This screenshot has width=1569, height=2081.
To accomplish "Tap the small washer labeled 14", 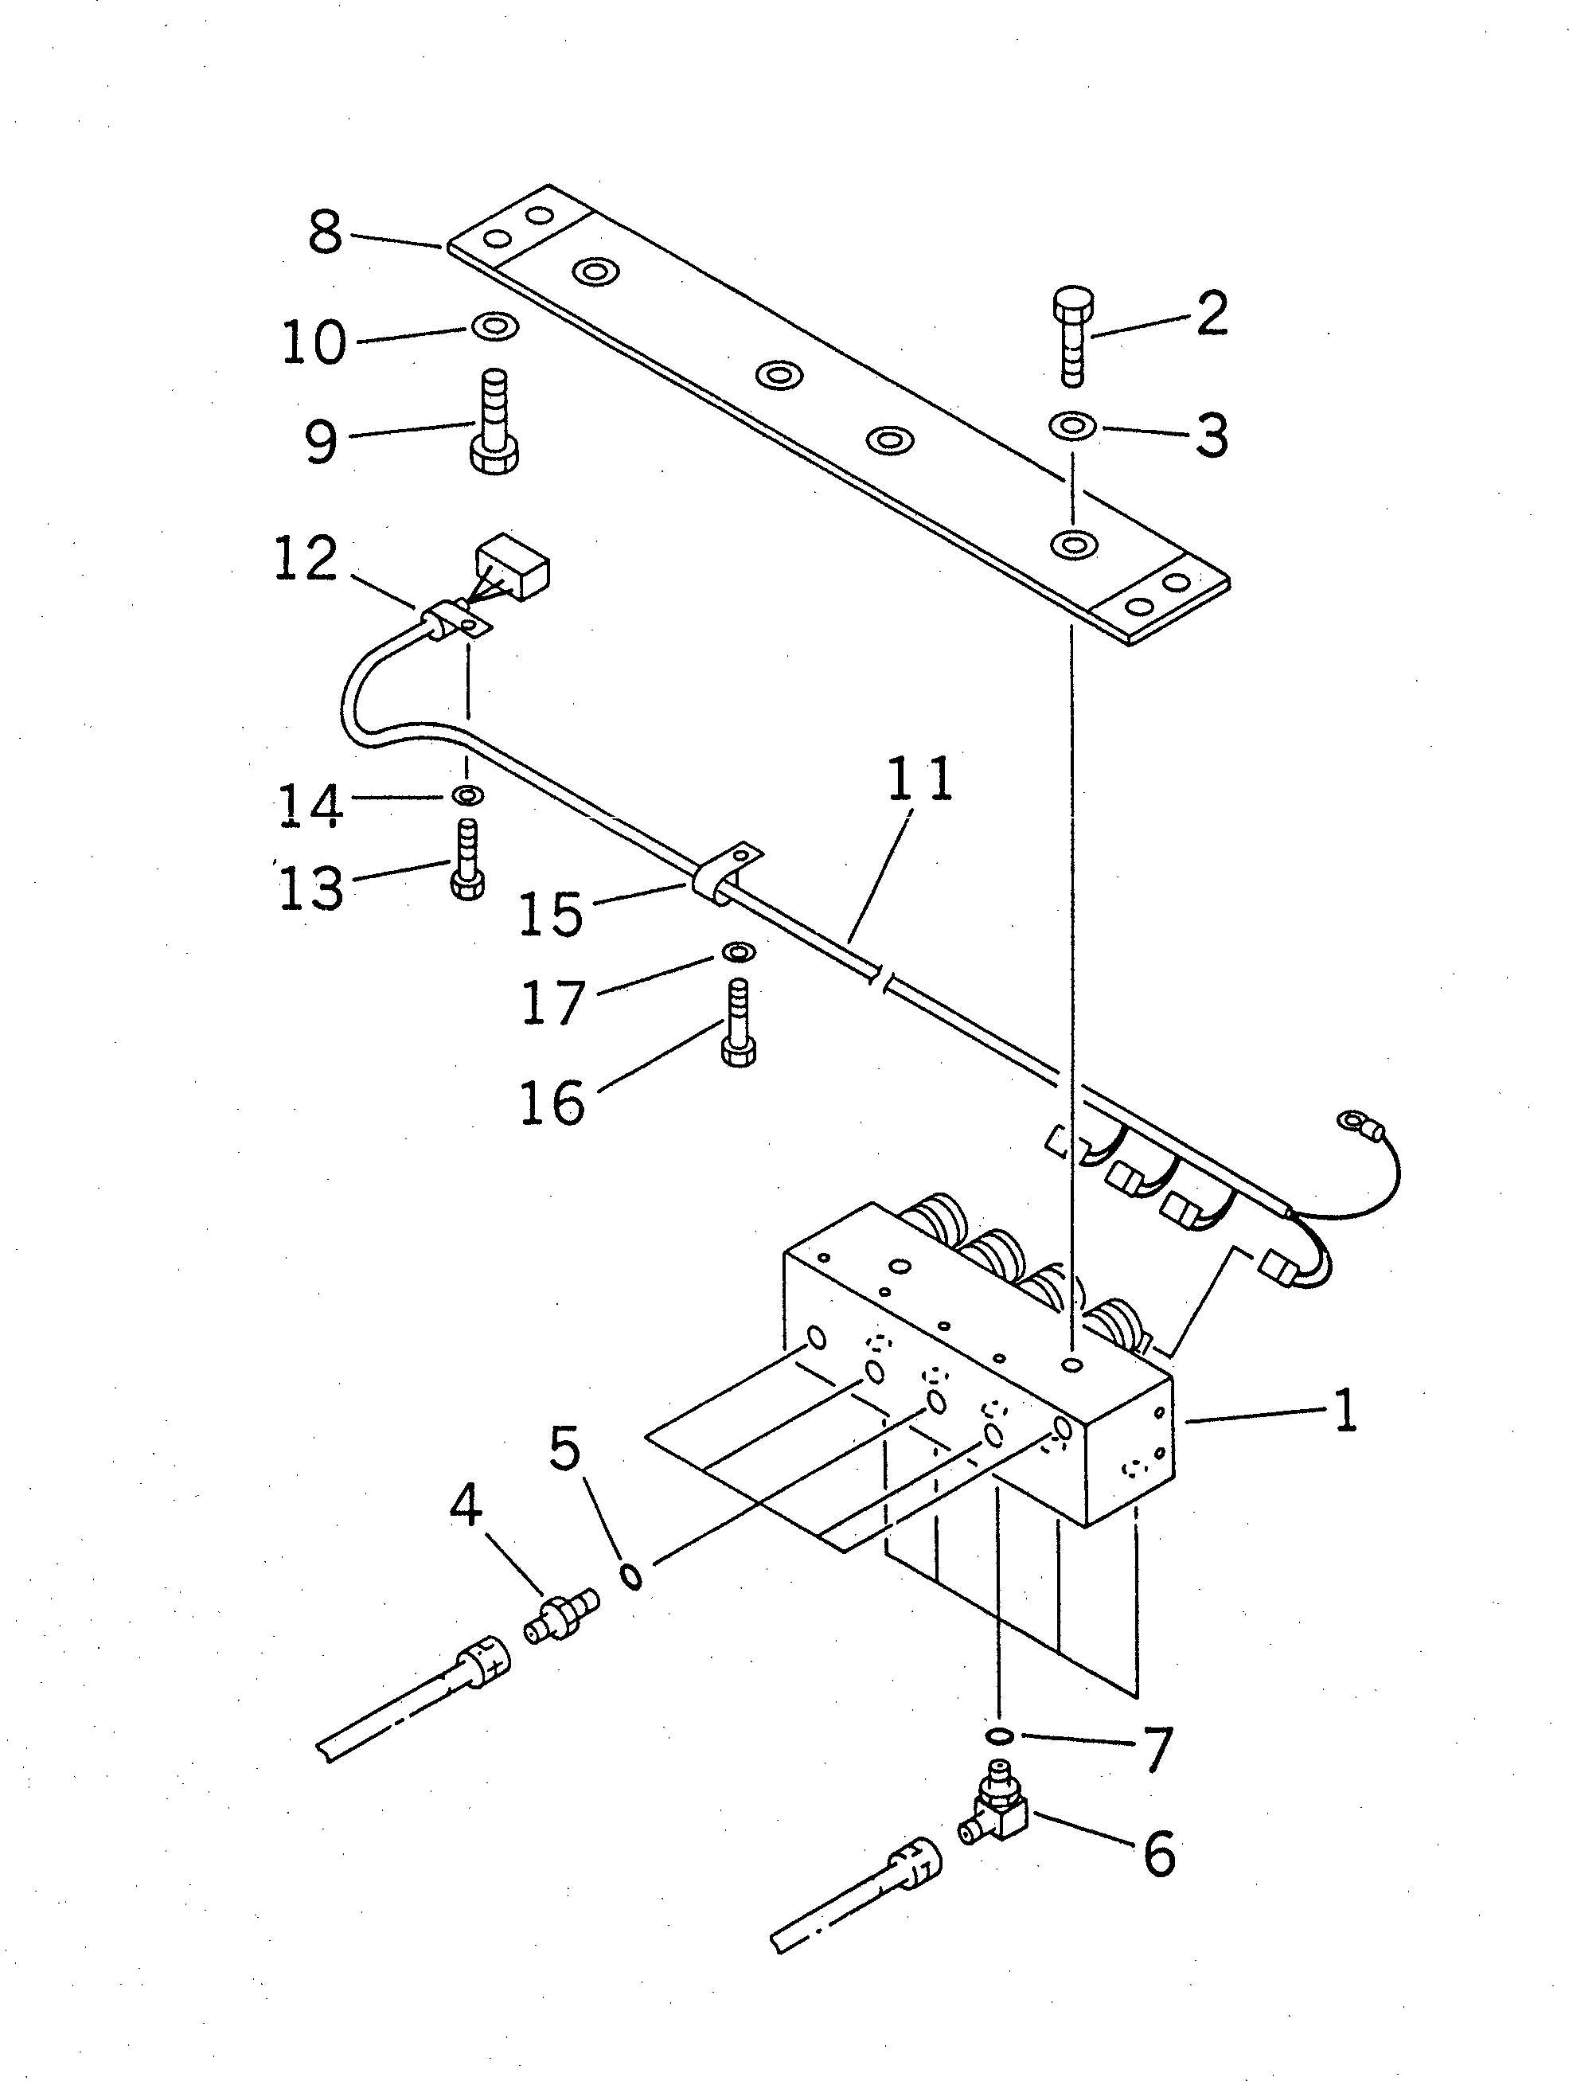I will (467, 796).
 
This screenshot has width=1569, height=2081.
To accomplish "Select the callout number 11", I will (919, 779).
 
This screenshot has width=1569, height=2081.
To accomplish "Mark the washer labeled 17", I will (740, 953).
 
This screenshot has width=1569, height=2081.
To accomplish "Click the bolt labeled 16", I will (739, 1023).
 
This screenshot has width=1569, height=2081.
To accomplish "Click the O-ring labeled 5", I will (632, 1575).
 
